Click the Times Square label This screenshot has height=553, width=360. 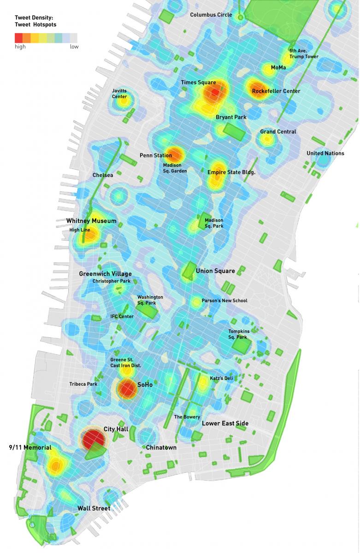pos(198,82)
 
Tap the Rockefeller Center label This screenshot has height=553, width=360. pos(276,91)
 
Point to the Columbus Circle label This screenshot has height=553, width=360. pos(211,15)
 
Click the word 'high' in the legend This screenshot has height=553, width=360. pos(20,47)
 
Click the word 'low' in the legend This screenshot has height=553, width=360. pos(74,47)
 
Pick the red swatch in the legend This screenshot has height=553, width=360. pos(19,38)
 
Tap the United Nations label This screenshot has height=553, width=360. pos(325,153)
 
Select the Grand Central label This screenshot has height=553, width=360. pos(278,132)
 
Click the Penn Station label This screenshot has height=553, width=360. pos(156,156)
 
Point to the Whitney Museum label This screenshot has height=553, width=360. pos(91,221)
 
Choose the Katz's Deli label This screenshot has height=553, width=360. pos(221,378)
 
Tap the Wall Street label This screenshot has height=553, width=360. pos(94,508)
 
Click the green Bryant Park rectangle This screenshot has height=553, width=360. pos(235,131)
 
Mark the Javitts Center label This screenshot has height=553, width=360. pos(119,94)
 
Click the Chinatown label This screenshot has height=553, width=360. pos(161,447)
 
